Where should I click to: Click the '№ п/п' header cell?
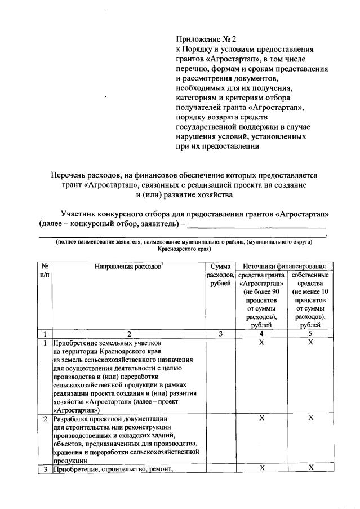(x=45, y=269)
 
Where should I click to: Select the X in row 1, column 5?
(x=310, y=342)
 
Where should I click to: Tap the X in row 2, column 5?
(x=310, y=418)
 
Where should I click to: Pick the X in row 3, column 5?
(x=310, y=468)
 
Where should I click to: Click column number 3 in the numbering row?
(x=221, y=334)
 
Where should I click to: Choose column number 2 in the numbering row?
(x=129, y=334)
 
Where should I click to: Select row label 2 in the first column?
(x=45, y=418)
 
